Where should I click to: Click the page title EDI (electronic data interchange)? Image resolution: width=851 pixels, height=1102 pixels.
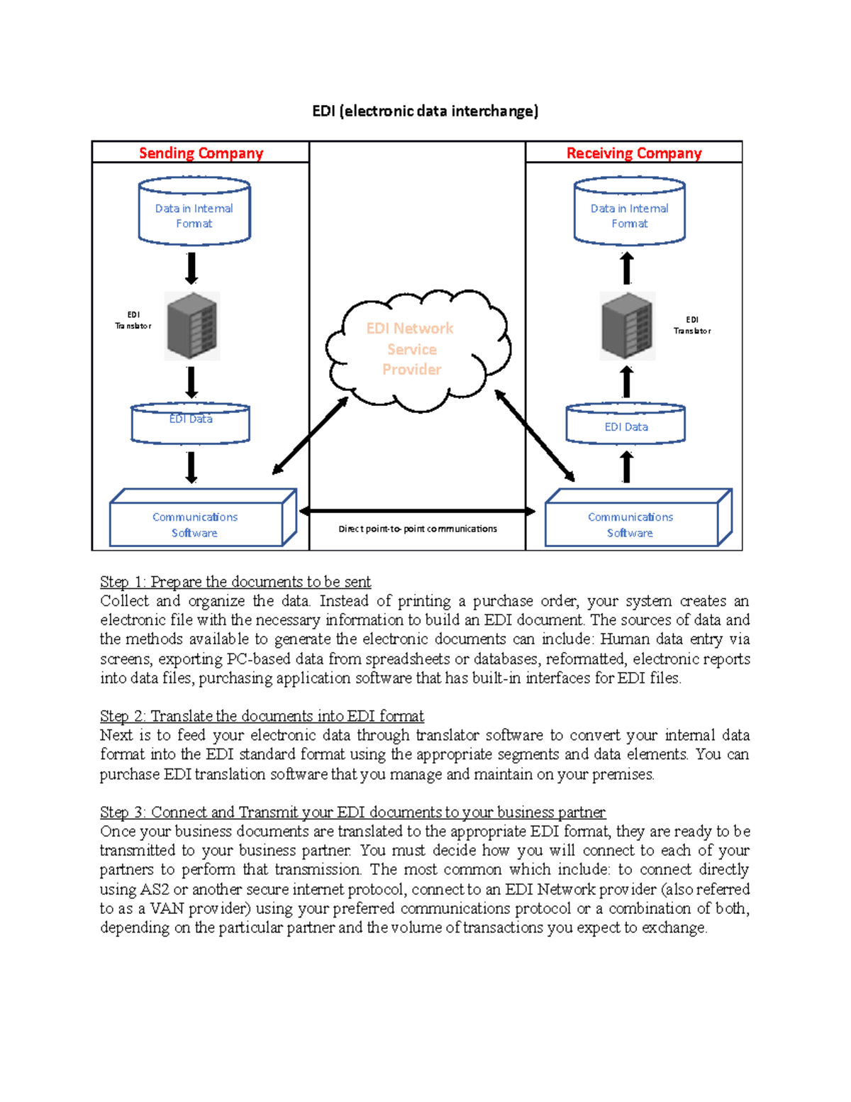coord(425,111)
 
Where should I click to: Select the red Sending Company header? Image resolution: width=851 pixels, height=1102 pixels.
coord(201,153)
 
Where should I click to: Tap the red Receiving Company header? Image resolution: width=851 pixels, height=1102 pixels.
coord(634,153)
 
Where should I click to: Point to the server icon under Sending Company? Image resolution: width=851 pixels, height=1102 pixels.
coord(192,326)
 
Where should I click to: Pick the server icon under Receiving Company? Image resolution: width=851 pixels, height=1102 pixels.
coord(628,326)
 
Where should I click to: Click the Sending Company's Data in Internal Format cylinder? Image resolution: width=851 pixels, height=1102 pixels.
coord(194,211)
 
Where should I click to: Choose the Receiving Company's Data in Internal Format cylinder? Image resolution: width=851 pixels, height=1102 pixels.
coord(630,211)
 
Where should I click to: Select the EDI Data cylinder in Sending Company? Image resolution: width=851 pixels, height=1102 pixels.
coord(190,424)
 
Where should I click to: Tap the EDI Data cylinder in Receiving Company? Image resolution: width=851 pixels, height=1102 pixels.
coord(625,424)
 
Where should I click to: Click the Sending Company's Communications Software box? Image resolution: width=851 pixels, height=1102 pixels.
coord(204,517)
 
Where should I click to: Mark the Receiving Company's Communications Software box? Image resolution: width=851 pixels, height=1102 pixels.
coord(639,517)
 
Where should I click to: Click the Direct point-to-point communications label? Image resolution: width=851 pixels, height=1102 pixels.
coord(418,529)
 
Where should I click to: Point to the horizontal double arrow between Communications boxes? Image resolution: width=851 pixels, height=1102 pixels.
coord(417,511)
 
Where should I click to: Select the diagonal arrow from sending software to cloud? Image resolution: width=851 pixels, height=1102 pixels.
coord(310,436)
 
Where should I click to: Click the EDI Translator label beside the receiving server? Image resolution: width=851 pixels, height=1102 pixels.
coord(692,325)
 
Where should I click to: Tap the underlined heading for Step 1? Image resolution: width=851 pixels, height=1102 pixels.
coord(235,581)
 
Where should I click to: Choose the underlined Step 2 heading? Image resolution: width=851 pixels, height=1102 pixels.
coord(262,715)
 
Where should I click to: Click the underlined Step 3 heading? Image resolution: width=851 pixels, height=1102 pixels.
coord(352,812)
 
